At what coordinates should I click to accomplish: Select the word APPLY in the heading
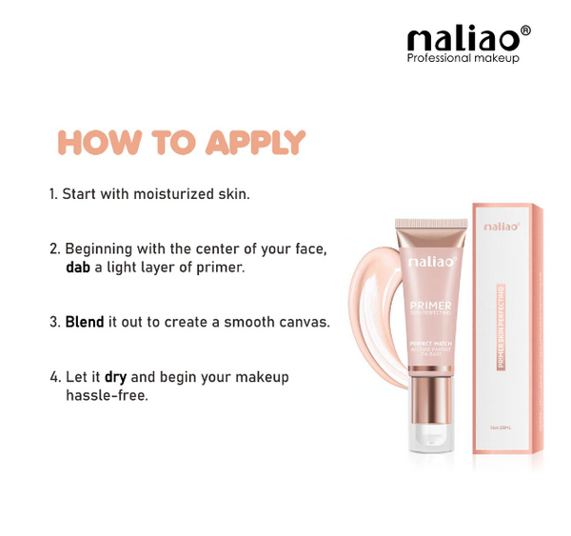[256, 142]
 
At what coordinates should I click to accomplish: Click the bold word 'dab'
[79, 268]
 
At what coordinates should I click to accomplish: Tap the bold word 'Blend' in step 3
[85, 322]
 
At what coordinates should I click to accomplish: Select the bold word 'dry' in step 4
[116, 377]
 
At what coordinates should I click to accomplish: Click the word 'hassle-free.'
[107, 395]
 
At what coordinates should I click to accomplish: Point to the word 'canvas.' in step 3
[305, 322]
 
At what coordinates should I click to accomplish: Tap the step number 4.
[55, 377]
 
